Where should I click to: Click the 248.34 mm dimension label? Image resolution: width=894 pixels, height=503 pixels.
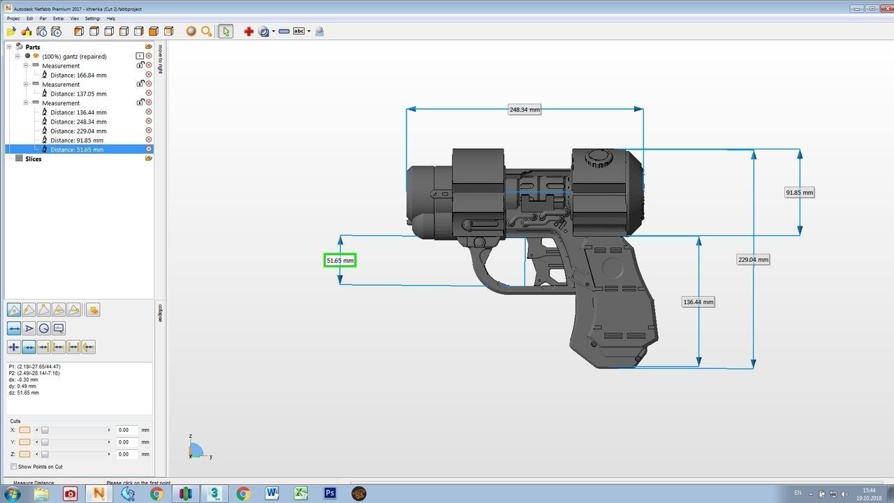click(x=525, y=110)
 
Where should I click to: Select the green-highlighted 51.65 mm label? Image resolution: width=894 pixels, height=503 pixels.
click(x=340, y=261)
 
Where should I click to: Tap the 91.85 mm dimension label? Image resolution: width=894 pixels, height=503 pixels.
click(x=800, y=193)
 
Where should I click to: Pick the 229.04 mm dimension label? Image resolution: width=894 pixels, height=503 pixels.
click(x=753, y=260)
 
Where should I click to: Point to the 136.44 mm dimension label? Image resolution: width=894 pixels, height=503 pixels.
click(x=698, y=302)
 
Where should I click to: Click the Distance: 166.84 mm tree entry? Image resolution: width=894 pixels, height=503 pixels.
click(x=78, y=75)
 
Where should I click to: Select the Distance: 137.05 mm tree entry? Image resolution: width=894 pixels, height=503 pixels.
click(x=78, y=94)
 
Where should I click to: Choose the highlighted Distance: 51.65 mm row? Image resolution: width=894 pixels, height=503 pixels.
click(x=77, y=150)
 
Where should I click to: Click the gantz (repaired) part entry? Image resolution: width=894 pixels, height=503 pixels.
click(x=74, y=57)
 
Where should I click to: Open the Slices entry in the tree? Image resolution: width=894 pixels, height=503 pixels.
click(x=33, y=159)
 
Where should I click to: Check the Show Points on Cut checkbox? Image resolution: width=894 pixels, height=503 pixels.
click(x=14, y=467)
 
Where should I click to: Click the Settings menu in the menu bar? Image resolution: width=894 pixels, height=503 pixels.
click(x=92, y=19)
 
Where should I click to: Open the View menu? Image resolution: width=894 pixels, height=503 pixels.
click(x=75, y=19)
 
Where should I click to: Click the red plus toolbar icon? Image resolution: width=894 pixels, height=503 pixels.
click(x=249, y=31)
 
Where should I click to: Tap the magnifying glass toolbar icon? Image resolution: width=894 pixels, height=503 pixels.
click(x=206, y=31)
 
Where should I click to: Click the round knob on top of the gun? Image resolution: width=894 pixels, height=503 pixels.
click(x=598, y=158)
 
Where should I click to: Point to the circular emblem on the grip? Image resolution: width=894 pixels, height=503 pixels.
click(x=612, y=267)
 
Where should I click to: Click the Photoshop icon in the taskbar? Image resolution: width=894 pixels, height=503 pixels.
click(x=330, y=494)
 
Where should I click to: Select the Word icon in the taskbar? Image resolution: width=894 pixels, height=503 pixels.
click(x=272, y=494)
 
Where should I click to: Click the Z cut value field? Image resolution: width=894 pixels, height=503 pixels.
click(x=126, y=454)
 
